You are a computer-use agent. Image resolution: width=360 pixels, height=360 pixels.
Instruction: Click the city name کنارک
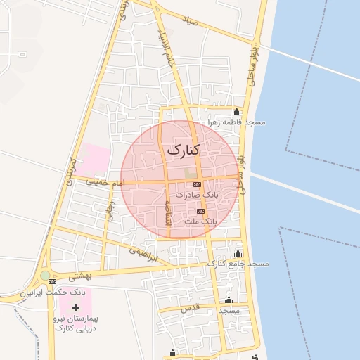click(184, 150)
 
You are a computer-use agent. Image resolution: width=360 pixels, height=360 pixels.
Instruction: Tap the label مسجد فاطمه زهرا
click(236, 122)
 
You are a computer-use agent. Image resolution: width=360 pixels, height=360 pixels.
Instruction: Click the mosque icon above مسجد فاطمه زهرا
click(236, 112)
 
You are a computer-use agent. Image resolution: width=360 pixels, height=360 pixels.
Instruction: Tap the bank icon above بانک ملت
click(201, 211)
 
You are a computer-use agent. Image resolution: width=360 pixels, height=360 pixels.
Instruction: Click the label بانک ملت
click(202, 221)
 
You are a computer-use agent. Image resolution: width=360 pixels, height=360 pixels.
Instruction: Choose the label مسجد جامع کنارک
click(238, 264)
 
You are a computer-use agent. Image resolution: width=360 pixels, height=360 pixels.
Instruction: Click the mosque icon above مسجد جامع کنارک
click(237, 253)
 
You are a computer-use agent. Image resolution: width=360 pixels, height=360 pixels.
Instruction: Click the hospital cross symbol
click(76, 307)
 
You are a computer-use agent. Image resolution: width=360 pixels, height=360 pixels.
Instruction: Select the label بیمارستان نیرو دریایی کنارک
click(75, 323)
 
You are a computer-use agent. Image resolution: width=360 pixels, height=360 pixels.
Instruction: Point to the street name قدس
click(191, 308)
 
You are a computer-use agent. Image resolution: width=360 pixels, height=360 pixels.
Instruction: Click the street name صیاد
click(208, 22)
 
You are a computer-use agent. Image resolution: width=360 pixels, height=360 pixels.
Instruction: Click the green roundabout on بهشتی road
click(46, 276)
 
